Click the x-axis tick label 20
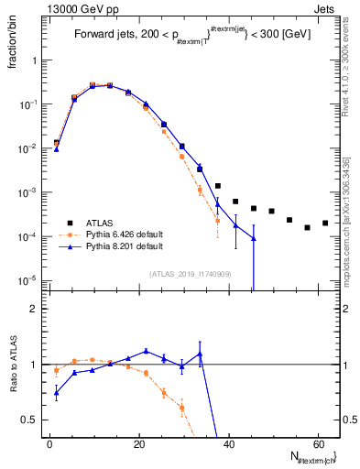tap(138, 442)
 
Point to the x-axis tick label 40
tap(228, 442)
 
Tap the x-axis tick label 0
tap(49, 442)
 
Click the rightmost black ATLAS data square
tap(325, 223)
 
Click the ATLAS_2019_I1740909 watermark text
tap(189, 274)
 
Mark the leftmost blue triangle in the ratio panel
tap(57, 393)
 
